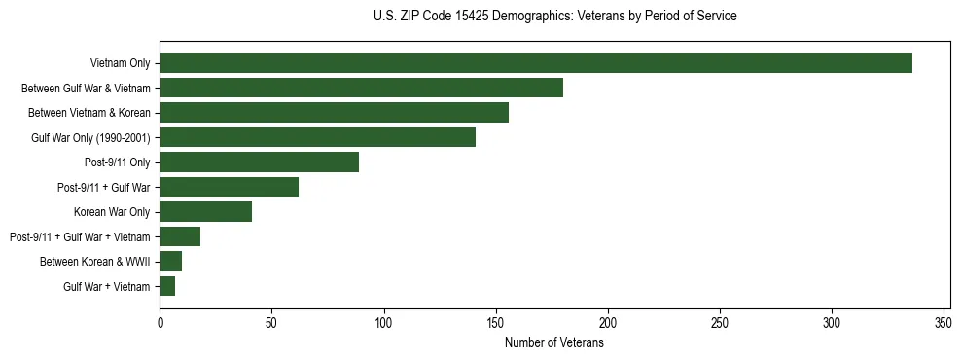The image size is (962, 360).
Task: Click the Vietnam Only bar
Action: point(536,63)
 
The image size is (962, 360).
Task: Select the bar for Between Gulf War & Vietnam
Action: point(361,89)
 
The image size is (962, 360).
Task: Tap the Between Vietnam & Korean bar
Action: point(334,113)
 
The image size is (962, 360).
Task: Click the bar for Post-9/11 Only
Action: point(259,162)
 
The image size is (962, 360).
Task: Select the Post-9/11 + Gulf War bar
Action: point(229,187)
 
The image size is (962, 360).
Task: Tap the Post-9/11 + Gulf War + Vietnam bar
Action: point(180,236)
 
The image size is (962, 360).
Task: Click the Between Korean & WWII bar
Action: point(170,262)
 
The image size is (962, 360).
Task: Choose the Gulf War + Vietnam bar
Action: point(167,286)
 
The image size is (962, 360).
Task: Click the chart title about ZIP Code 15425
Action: point(554,17)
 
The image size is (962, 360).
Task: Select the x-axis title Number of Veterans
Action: point(554,343)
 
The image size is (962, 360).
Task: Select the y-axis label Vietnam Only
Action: point(120,63)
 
